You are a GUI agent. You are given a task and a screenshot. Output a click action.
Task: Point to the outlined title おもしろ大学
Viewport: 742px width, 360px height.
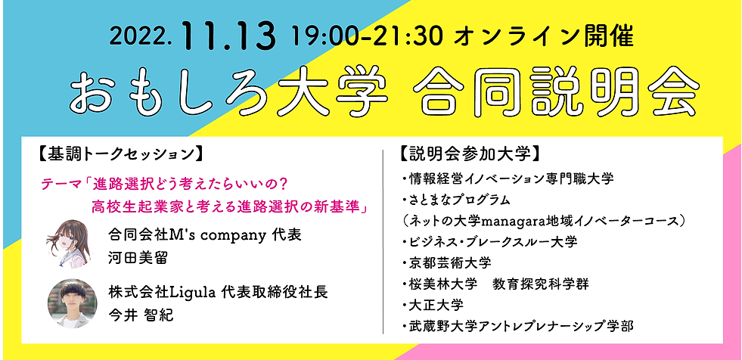tap(228, 92)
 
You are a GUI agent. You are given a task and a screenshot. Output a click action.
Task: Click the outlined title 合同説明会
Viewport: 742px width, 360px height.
tap(555, 91)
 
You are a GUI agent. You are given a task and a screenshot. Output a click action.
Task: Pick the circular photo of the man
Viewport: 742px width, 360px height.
tap(72, 303)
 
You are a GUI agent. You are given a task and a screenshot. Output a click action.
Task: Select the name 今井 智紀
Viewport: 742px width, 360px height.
tap(141, 315)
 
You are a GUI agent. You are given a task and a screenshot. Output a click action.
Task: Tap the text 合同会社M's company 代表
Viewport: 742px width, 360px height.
tap(204, 235)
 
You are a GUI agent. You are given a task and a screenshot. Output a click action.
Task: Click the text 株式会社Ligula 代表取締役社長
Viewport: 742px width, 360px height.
tap(218, 292)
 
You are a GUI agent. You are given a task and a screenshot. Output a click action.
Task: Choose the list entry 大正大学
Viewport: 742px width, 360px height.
tap(433, 304)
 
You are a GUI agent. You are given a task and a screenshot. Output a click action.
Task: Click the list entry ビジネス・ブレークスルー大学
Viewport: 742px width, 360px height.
tap(489, 242)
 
